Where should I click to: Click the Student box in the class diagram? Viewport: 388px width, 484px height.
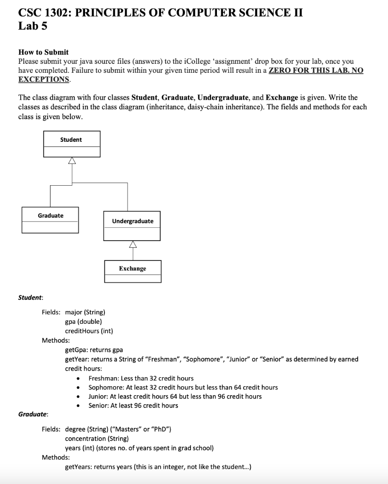tap(71, 144)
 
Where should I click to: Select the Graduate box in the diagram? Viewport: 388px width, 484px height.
tap(50, 220)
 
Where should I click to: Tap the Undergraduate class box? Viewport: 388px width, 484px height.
tap(132, 226)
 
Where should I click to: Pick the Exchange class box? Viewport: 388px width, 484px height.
tap(132, 271)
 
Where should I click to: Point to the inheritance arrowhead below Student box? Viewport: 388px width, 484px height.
tap(71, 161)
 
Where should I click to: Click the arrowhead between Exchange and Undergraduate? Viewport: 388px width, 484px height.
tap(132, 244)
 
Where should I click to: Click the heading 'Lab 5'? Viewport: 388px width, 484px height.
tap(33, 26)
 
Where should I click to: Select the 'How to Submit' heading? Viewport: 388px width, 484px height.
tap(43, 52)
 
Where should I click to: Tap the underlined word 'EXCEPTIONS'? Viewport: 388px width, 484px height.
tap(43, 79)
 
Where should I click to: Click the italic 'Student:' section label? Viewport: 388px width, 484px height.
tap(31, 297)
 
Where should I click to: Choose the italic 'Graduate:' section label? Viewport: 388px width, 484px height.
tap(33, 414)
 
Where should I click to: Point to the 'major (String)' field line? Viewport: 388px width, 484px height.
tap(85, 312)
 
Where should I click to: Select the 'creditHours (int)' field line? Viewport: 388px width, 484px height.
tap(89, 331)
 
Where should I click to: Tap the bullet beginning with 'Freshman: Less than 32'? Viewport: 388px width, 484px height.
tap(141, 378)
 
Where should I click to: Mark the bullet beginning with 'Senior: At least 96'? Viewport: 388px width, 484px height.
tap(133, 406)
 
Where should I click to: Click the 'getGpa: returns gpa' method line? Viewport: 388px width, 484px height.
tap(94, 350)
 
